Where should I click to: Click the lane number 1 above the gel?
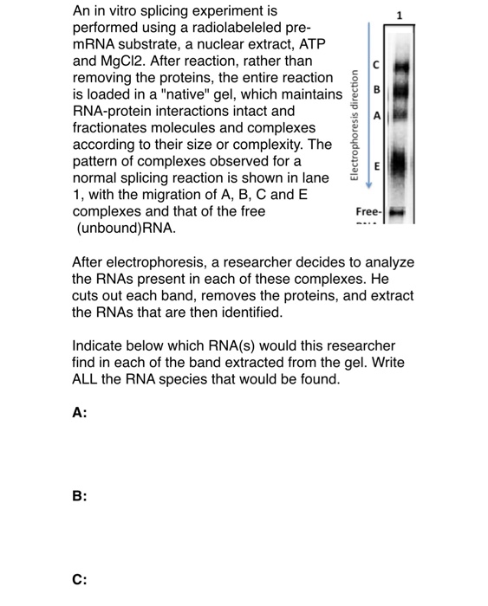[399, 15]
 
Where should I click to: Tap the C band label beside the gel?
[376, 63]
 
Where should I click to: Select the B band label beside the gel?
[376, 90]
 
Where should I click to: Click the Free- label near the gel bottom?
[368, 211]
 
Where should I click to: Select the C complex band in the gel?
[399, 62]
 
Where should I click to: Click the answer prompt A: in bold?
[80, 413]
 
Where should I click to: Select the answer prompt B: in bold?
[80, 496]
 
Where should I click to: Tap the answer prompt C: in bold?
[80, 579]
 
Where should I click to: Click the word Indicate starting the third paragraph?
[101, 345]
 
